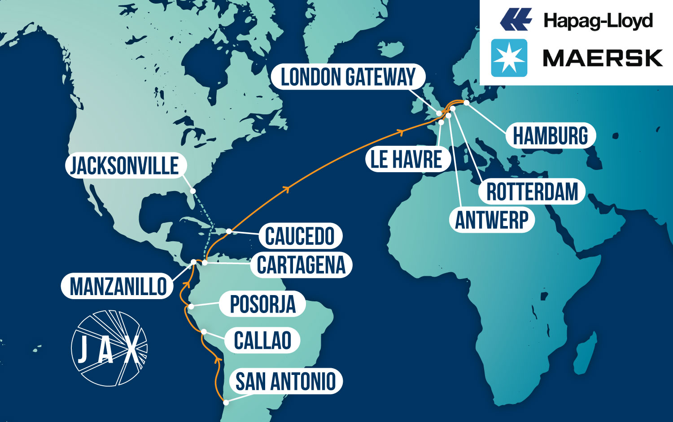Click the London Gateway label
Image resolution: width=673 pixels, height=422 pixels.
click(348, 77)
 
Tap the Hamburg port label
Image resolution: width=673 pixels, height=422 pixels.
click(550, 136)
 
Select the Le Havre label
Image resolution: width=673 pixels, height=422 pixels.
click(406, 160)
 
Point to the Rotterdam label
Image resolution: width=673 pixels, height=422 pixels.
click(532, 192)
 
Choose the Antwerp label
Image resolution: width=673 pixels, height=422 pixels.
click(492, 220)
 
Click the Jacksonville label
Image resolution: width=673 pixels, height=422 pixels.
click(125, 165)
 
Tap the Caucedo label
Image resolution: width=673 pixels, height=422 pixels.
click(300, 236)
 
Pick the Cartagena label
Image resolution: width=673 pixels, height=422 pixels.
click(301, 265)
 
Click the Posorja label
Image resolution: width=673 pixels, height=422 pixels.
click(262, 305)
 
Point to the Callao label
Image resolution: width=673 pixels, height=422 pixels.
click(262, 340)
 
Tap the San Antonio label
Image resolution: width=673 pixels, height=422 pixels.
click(285, 382)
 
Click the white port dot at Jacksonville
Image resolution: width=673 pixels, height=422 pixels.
click(193, 191)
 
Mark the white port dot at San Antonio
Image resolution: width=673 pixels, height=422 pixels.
click(227, 403)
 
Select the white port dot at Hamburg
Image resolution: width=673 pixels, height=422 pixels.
click(467, 103)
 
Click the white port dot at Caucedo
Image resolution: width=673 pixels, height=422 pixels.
click(229, 231)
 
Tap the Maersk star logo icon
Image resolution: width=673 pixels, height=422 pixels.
click(509, 58)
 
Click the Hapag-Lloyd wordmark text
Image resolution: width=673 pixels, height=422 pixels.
click(598, 21)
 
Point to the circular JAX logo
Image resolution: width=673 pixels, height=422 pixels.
click(109, 348)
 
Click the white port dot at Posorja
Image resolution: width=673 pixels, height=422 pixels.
click(191, 307)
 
